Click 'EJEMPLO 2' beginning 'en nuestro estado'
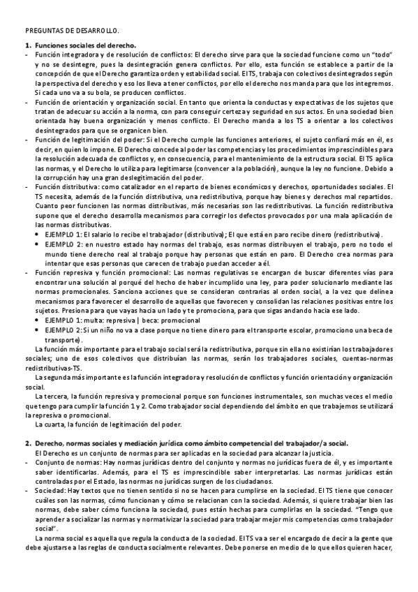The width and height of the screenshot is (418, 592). pyautogui.click(x=64, y=244)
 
